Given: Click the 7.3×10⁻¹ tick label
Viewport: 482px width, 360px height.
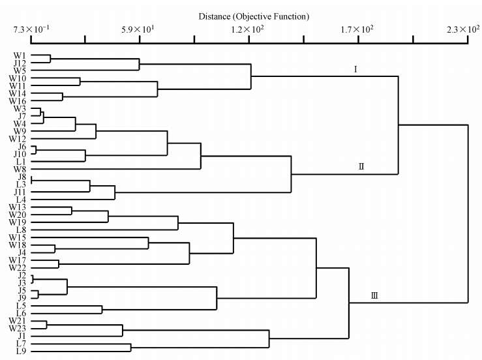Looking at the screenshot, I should click(31, 29).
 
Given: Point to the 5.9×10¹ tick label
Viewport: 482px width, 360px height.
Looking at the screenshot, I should click(140, 29).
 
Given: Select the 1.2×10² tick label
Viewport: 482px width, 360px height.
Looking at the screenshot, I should click(248, 29).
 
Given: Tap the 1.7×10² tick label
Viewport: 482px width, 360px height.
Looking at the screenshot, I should click(357, 29).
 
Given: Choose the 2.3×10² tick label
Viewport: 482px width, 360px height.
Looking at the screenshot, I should click(464, 29).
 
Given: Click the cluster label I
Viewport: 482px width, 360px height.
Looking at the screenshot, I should click(355, 68).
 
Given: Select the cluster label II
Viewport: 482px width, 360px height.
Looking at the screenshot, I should click(361, 166).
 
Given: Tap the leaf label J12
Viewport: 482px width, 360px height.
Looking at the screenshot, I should click(18, 63).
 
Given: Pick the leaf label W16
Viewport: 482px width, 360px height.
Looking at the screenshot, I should click(18, 101).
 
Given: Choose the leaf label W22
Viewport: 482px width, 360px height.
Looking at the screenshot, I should click(18, 267).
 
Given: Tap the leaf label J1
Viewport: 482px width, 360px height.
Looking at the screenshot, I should click(20, 336).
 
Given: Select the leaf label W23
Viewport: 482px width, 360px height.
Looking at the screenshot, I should click(18, 328).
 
